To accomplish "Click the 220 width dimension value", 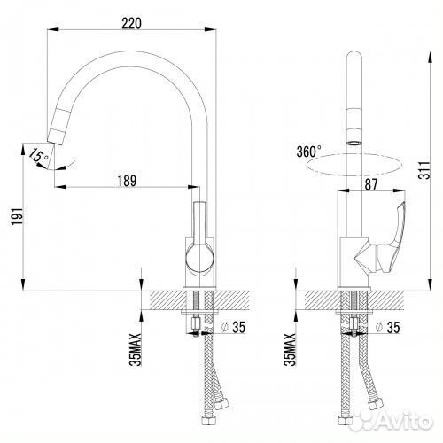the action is tap(131, 23).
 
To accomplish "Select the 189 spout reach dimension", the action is tap(127, 181).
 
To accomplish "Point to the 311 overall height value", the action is tap(424, 170).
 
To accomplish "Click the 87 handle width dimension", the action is tap(371, 184).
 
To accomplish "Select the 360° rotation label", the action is tap(309, 152).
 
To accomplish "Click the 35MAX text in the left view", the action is tap(136, 349).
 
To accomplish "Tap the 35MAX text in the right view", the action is tap(290, 349).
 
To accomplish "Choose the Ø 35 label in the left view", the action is tap(233, 327).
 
